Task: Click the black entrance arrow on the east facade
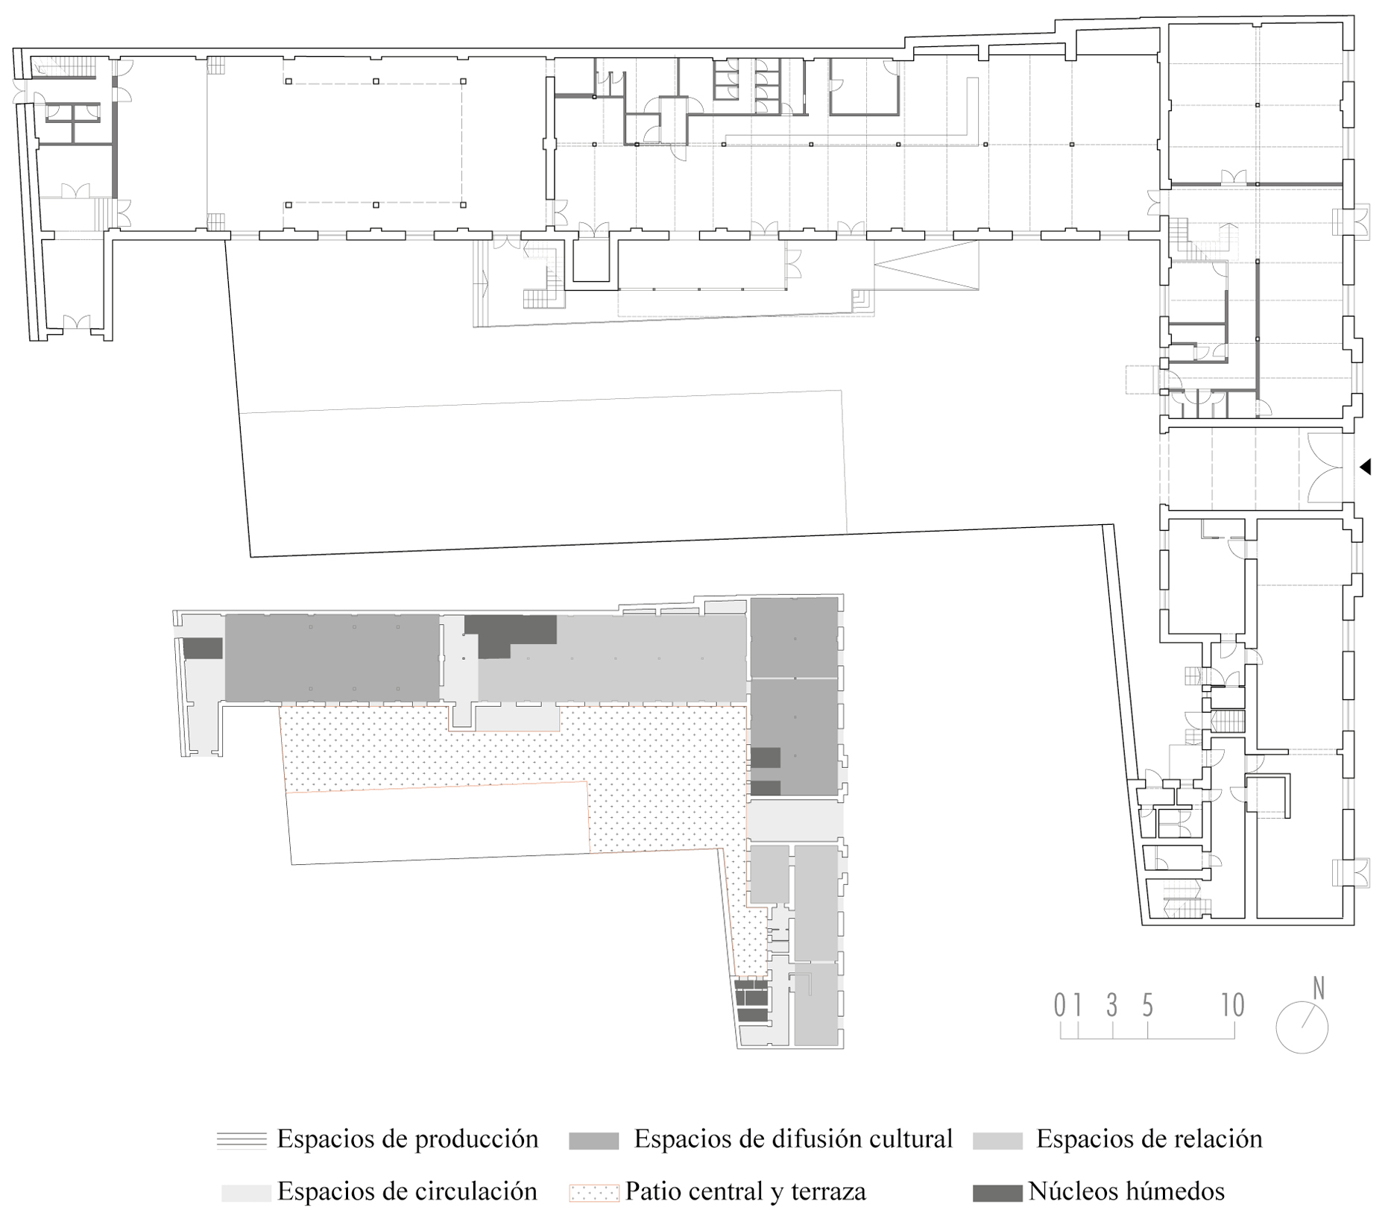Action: point(1366,467)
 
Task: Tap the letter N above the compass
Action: point(1319,988)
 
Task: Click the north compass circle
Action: point(1302,1027)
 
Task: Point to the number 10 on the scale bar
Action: point(1233,1005)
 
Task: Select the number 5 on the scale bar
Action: point(1148,1006)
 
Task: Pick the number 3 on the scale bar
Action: point(1112,1006)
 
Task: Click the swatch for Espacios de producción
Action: point(242,1141)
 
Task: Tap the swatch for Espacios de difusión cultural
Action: point(593,1141)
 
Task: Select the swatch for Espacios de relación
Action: point(997,1141)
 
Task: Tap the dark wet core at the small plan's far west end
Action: point(203,648)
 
